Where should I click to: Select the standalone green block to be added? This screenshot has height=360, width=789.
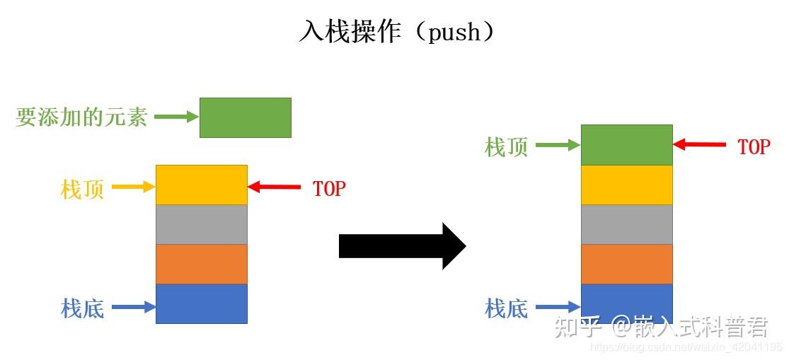click(x=246, y=117)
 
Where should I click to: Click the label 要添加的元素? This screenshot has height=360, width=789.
click(x=81, y=117)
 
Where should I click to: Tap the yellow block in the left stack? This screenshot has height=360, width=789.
click(x=201, y=185)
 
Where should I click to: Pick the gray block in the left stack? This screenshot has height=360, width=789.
click(x=201, y=225)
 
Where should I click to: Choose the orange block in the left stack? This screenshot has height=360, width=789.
click(x=201, y=265)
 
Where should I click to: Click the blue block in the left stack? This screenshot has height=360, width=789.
click(x=201, y=303)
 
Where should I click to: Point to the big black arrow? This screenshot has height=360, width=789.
click(x=403, y=246)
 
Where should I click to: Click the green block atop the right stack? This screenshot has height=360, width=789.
click(x=627, y=145)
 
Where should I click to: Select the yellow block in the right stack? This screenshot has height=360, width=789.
click(x=627, y=185)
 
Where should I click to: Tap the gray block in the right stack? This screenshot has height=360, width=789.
click(x=627, y=225)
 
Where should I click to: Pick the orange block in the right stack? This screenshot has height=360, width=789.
click(x=627, y=265)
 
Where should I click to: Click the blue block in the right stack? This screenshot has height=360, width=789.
click(x=627, y=303)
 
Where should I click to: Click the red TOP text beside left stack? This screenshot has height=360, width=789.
click(x=330, y=189)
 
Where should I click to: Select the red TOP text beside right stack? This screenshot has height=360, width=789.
click(x=754, y=146)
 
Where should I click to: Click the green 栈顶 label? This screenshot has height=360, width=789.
click(x=507, y=148)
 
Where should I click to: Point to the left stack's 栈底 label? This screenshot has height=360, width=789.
click(x=83, y=308)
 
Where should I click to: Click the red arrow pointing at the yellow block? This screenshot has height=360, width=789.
click(x=275, y=187)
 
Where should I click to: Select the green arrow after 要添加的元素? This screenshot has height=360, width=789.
click(x=177, y=117)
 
